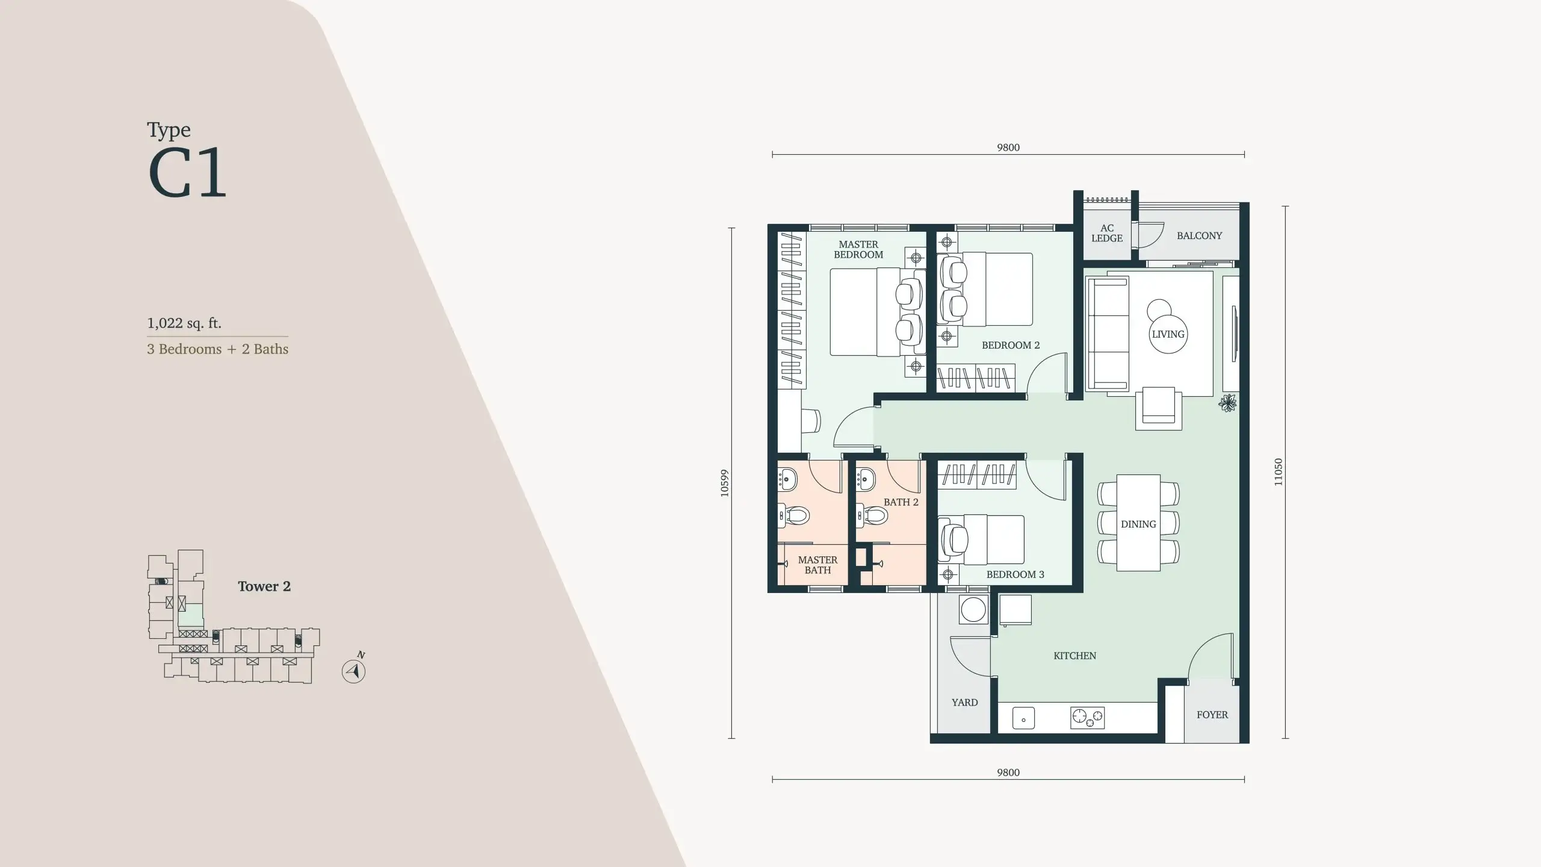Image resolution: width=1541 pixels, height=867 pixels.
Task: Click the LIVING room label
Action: coord(1168,334)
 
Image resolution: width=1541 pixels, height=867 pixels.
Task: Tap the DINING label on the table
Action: coord(1138,524)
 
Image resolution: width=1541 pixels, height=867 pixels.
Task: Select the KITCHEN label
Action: coord(1074,656)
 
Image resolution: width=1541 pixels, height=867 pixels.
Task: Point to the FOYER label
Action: coord(1212,715)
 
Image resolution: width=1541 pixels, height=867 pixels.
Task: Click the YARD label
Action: coord(964,702)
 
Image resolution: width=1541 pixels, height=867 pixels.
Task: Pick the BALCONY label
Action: coord(1199,235)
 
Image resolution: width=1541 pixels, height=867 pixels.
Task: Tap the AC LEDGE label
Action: coord(1107,233)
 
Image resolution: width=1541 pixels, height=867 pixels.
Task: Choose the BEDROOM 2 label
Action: coord(1011,345)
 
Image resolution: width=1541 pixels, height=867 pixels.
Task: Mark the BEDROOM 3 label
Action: coord(1015,574)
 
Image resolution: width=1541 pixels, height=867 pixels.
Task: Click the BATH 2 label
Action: coord(901,502)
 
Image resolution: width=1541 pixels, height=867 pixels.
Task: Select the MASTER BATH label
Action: coord(817,565)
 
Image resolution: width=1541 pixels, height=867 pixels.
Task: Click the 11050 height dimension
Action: coord(1278,472)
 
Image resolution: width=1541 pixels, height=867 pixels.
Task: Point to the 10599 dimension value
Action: coord(724,483)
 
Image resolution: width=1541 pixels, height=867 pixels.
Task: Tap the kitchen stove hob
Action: coord(1088,716)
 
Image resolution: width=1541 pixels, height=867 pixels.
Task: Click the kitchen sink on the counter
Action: coord(1023,718)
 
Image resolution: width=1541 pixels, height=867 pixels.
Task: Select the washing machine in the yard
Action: coord(973,610)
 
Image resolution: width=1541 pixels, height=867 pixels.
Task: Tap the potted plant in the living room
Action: coord(1227,403)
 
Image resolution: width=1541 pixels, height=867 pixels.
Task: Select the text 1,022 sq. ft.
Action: coord(184,323)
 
